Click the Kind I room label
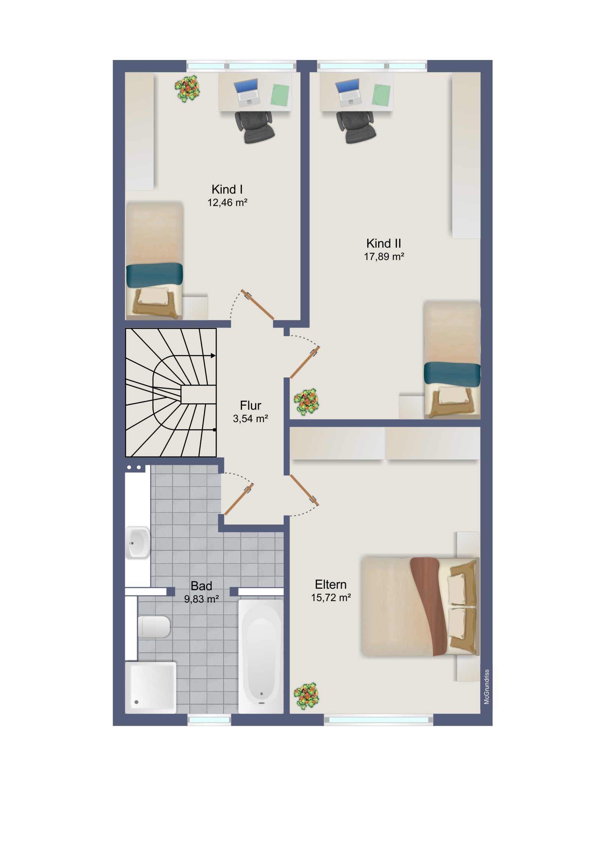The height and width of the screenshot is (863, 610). coord(227,189)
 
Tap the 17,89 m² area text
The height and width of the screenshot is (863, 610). coord(384,257)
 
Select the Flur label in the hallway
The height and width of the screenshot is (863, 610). coord(250,406)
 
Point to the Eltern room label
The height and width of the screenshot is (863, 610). coord(331,585)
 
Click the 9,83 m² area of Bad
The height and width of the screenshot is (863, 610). coord(201,599)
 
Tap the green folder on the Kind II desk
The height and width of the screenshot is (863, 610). coord(381,95)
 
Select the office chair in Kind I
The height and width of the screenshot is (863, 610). coord(254,127)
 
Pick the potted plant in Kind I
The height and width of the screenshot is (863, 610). coord(187,89)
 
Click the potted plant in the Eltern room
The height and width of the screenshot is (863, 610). coord(307,696)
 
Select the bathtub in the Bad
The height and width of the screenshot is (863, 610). coord(261,656)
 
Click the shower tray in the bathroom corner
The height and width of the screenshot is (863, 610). coord(151,687)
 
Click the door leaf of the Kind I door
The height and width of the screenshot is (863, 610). coord(258,304)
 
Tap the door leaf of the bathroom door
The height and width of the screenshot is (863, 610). coord(239,499)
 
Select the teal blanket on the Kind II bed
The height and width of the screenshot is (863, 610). coord(452,374)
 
